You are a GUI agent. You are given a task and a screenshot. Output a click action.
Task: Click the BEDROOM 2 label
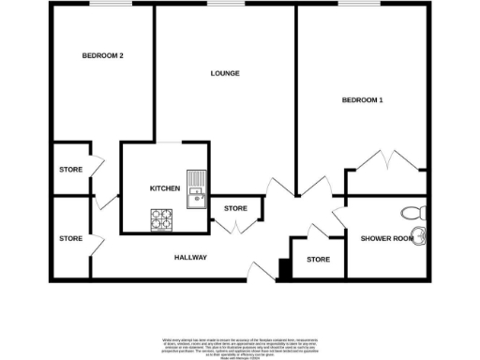click(103, 56)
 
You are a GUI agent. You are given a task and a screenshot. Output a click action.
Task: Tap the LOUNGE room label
click(225, 73)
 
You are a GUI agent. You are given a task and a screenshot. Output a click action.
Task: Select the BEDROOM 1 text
click(362, 100)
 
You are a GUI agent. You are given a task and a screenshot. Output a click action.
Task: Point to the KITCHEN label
click(165, 188)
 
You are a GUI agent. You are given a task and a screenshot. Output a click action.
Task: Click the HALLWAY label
click(190, 258)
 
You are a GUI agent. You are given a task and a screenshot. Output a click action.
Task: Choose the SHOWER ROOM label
click(386, 239)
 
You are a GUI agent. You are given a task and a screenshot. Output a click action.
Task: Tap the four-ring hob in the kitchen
click(162, 218)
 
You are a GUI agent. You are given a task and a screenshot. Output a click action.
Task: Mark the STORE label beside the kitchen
click(235, 208)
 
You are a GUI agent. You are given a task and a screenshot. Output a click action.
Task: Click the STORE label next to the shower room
click(319, 259)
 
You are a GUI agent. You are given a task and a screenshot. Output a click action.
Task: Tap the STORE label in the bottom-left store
click(71, 239)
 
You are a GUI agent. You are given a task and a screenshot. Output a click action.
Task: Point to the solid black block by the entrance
click(283, 269)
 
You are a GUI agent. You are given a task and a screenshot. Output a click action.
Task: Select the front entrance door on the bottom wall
click(261, 272)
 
